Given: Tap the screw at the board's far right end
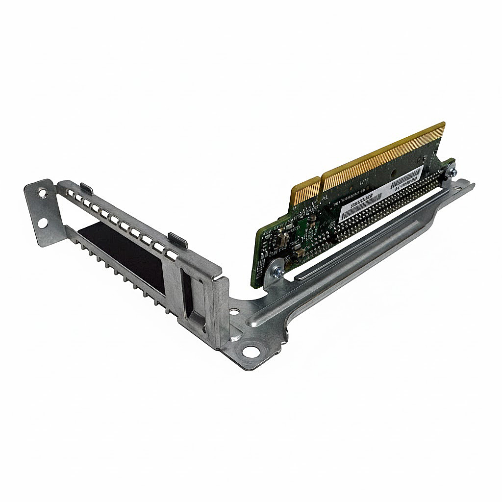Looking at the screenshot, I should (452, 171).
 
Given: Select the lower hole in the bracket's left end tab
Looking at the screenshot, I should (42, 224).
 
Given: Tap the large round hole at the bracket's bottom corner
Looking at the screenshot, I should (251, 351).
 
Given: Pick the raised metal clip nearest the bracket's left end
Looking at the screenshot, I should (87, 188).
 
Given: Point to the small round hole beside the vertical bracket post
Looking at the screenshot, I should (235, 311).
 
